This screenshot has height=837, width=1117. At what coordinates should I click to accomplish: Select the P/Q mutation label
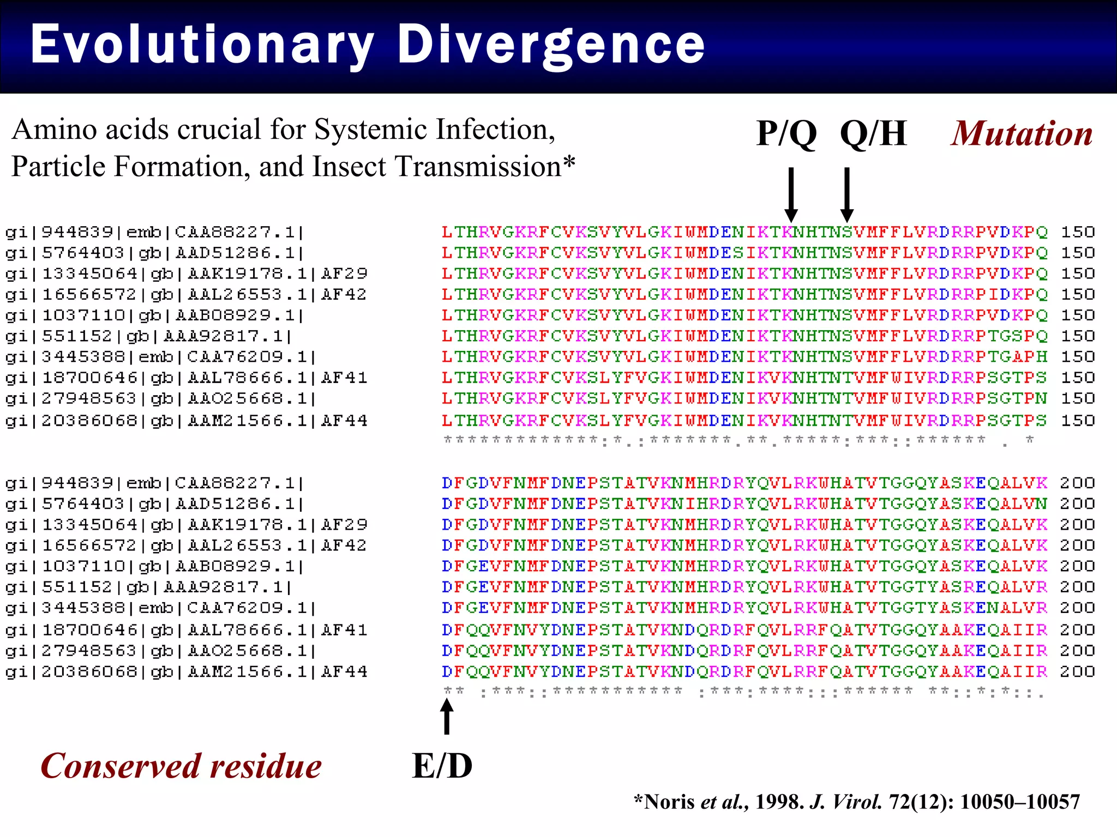point(786,134)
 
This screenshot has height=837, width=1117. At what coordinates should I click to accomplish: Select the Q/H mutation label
point(873,134)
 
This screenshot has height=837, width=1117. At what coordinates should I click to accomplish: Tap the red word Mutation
point(1022,134)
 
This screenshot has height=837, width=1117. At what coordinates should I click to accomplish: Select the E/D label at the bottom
point(442,766)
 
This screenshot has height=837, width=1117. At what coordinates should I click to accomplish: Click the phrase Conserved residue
point(181,766)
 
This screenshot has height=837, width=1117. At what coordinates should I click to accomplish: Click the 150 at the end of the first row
point(1078,233)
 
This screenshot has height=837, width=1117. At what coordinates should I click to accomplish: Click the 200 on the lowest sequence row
point(1078,672)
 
